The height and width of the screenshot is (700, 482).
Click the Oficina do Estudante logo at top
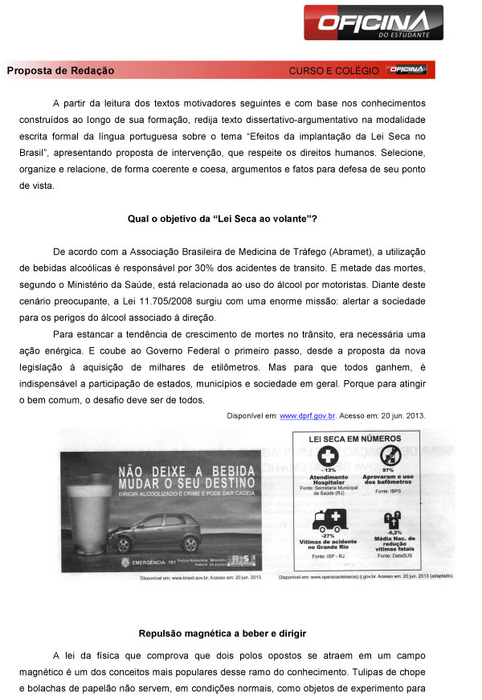(x=373, y=22)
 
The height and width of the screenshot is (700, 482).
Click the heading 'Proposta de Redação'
(x=60, y=71)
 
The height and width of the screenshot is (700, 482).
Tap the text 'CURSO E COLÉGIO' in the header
(x=333, y=72)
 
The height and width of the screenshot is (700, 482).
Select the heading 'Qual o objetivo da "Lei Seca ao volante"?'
(x=223, y=218)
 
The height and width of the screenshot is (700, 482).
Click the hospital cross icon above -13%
(x=329, y=456)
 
